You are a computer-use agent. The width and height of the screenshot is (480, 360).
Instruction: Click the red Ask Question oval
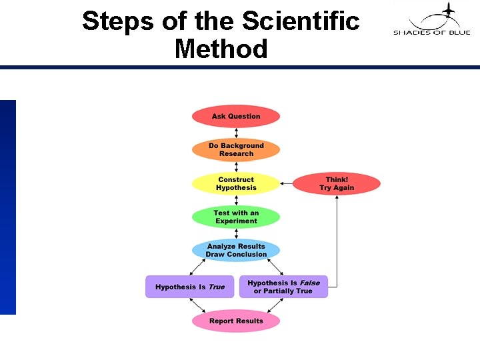tap(236, 117)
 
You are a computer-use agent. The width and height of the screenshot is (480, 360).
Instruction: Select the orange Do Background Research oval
tap(236, 150)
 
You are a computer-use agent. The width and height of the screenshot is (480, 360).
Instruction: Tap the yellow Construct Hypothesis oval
tap(236, 183)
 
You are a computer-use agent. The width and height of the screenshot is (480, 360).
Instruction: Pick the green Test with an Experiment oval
tap(236, 217)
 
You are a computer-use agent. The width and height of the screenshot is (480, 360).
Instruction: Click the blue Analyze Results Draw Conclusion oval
tap(236, 251)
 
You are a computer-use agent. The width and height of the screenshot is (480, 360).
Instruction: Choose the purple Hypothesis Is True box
tap(190, 287)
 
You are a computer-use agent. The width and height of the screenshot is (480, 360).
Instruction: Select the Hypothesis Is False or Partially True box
tap(283, 287)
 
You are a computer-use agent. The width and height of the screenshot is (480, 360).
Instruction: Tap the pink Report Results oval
tap(236, 321)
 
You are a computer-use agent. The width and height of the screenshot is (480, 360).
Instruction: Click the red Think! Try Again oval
tap(337, 183)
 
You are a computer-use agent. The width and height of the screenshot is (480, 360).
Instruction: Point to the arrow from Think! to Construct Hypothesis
tap(287, 183)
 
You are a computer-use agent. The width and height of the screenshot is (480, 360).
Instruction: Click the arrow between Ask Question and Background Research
tap(236, 133)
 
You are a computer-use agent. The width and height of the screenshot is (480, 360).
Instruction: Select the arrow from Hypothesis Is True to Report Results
tap(197, 305)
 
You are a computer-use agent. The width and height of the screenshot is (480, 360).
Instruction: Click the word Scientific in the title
tap(301, 21)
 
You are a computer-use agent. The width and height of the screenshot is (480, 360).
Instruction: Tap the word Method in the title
tap(221, 49)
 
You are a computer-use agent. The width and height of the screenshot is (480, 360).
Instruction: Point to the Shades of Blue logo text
tap(431, 32)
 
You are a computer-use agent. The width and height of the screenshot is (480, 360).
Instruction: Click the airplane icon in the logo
tap(447, 10)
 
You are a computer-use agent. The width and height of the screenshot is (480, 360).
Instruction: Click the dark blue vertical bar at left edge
tap(7, 207)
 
